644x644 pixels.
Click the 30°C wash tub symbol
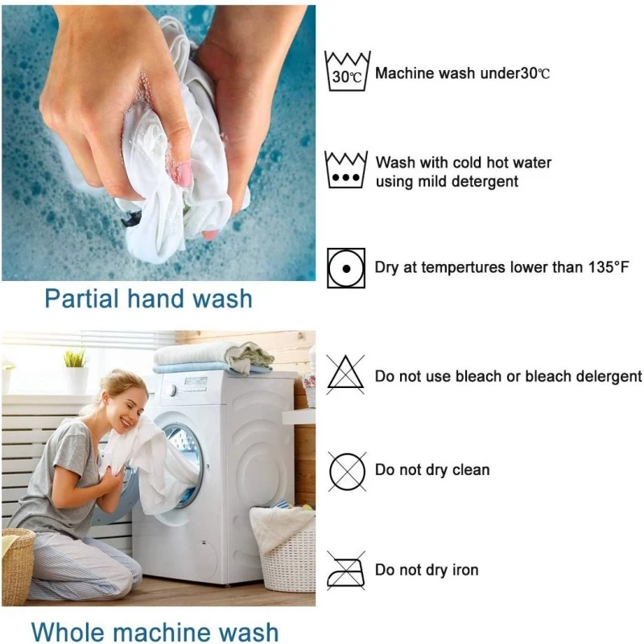coord(347,72)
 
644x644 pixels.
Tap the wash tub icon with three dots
coord(347,170)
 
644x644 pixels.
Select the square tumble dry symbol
coord(346,267)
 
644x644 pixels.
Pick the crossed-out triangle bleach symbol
coord(346,374)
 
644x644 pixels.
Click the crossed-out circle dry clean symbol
coord(346,470)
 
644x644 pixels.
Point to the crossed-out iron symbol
coord(346,570)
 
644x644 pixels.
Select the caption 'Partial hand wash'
coord(148,299)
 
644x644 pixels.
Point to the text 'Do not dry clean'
coord(432,469)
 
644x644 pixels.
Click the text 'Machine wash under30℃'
coord(463,73)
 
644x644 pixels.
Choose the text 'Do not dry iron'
coord(427,570)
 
